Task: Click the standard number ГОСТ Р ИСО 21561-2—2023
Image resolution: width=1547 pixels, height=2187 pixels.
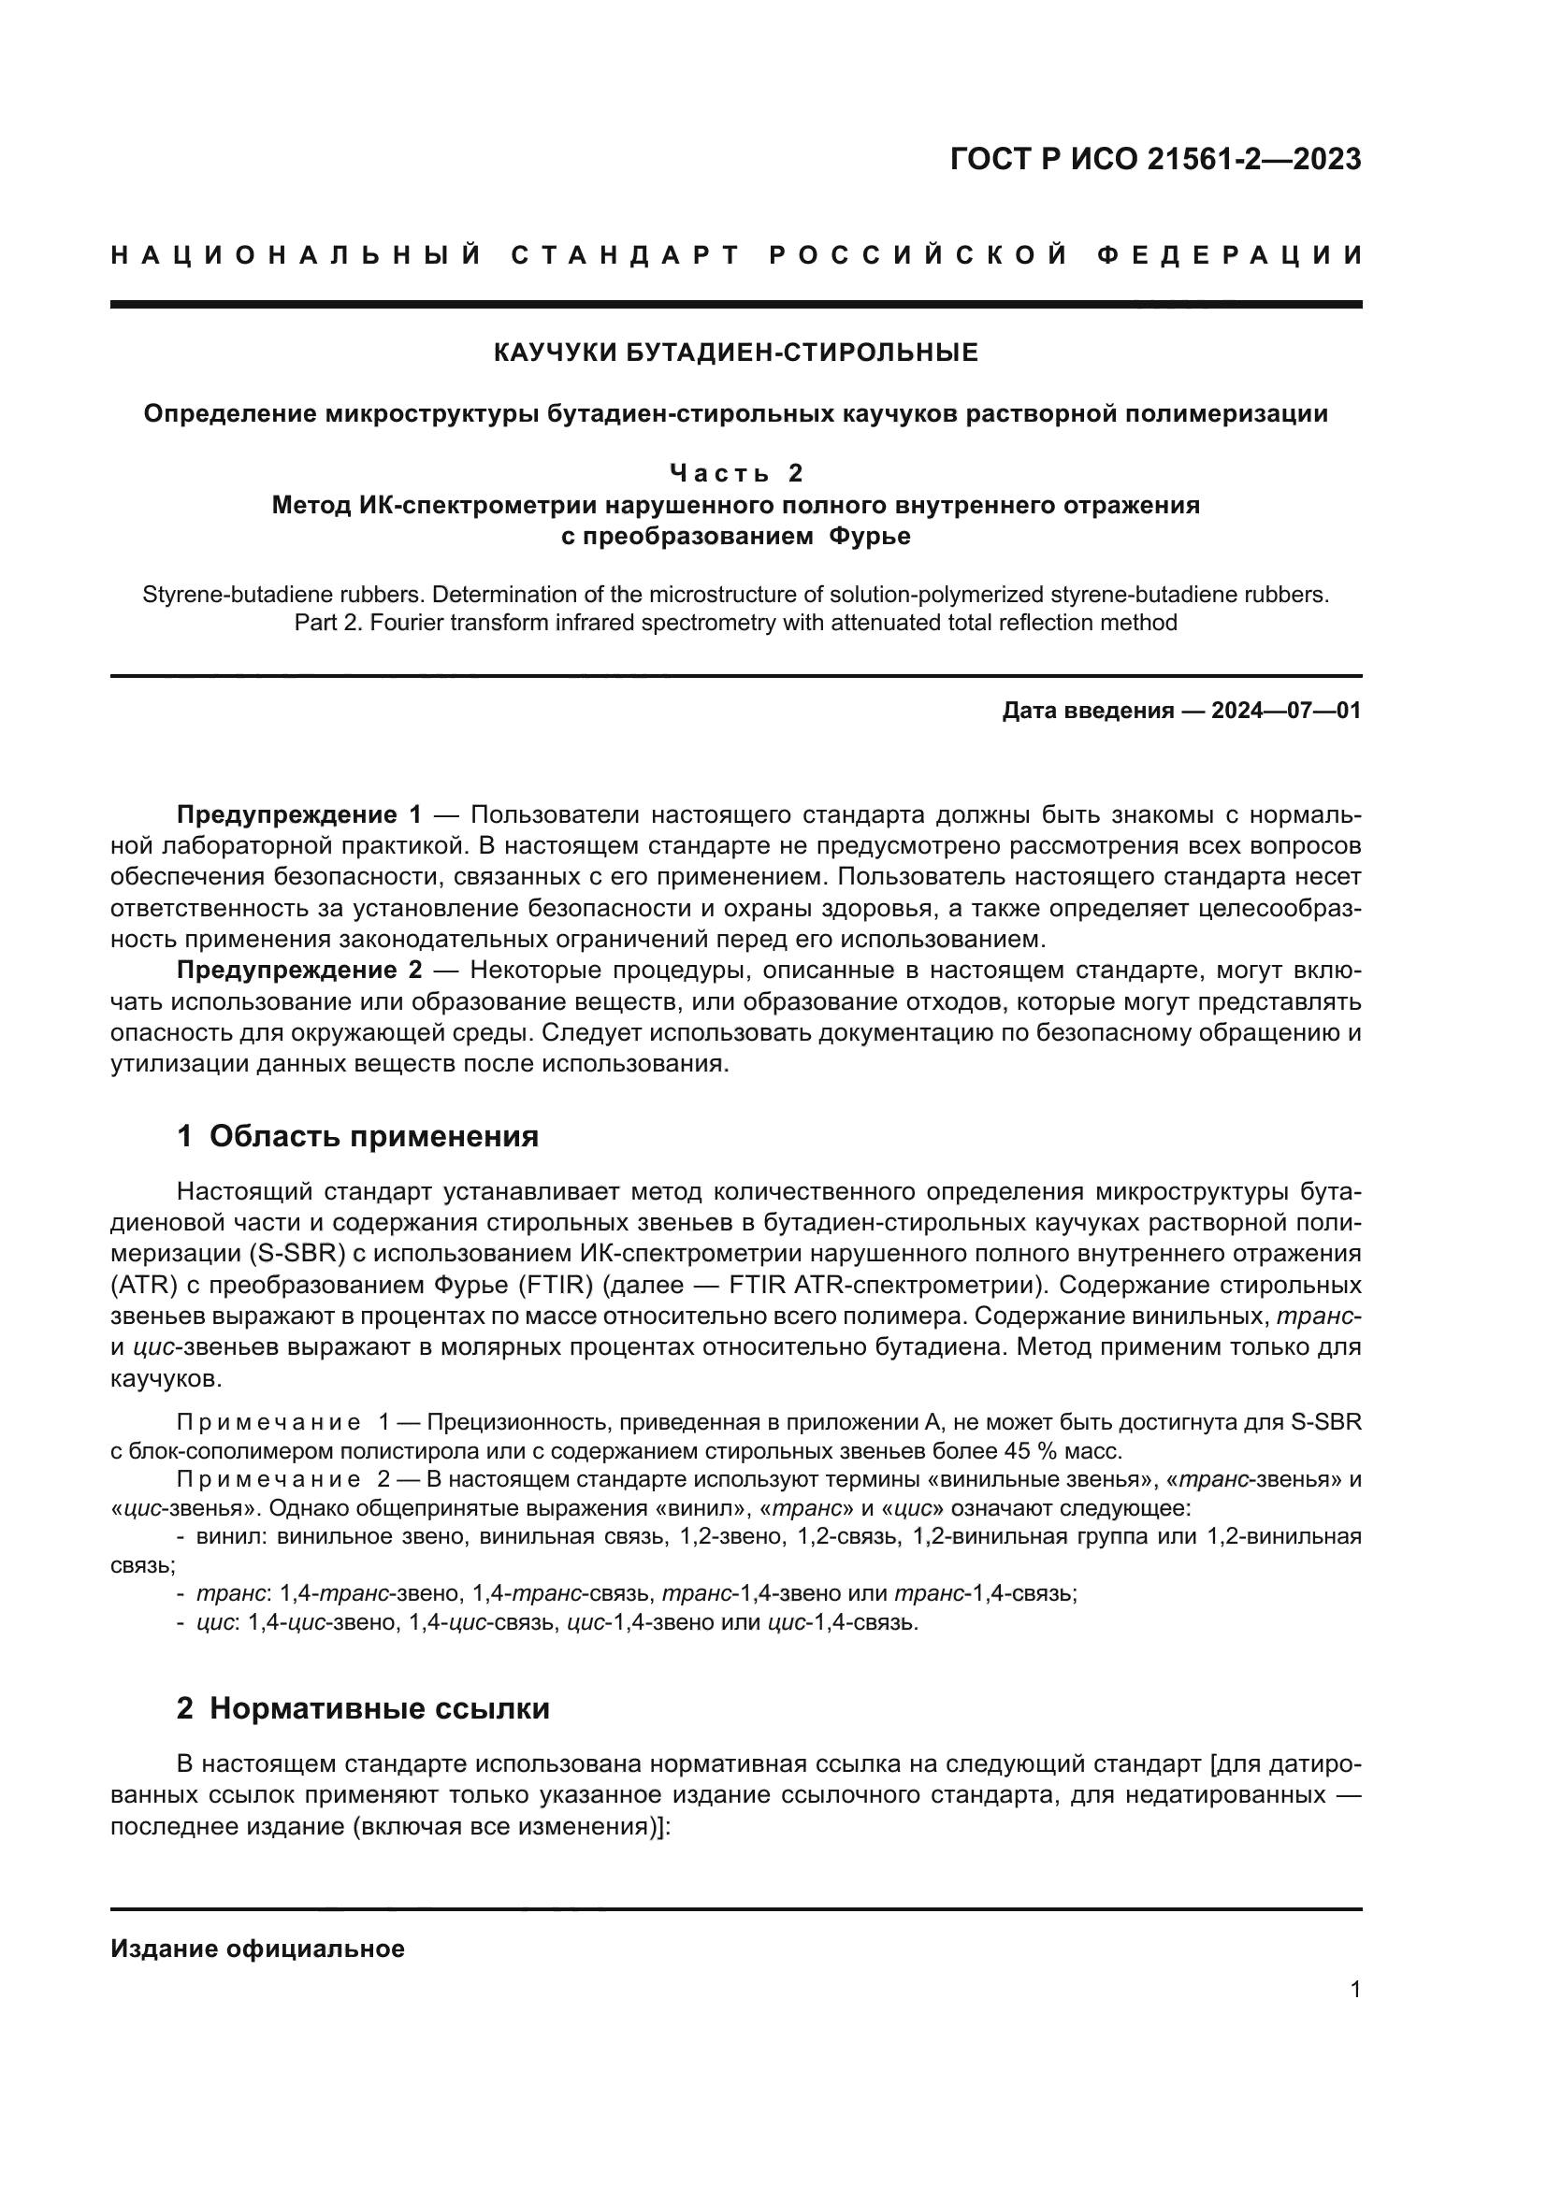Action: coord(1154,160)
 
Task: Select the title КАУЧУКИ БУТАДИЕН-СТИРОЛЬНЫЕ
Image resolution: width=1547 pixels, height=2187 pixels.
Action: coord(735,353)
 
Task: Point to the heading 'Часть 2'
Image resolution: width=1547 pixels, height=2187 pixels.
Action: coord(735,472)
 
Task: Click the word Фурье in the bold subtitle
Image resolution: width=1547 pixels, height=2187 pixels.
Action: coord(869,537)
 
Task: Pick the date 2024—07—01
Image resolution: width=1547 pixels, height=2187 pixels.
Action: coord(1285,711)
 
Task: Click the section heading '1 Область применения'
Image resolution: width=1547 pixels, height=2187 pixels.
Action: coord(357,1136)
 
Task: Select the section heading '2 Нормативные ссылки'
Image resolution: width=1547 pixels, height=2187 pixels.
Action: coord(363,1709)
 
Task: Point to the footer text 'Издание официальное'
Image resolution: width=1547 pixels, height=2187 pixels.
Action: coord(257,1949)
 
